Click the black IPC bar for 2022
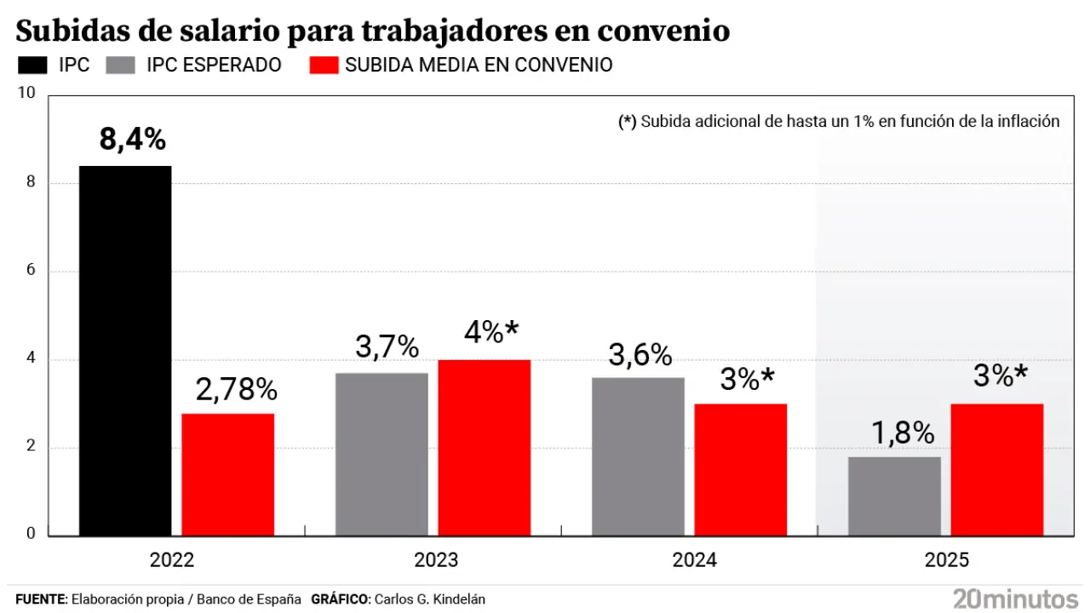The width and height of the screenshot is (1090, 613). [125, 351]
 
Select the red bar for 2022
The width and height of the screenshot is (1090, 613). [227, 474]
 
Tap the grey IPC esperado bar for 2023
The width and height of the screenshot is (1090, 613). [381, 455]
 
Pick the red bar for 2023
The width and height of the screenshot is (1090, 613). [484, 448]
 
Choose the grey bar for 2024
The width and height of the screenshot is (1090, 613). [638, 456]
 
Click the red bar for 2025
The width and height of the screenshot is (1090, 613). [996, 470]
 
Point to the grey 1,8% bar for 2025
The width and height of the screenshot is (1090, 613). [894, 496]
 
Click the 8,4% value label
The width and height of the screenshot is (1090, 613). [132, 139]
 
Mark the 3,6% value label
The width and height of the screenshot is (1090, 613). [641, 354]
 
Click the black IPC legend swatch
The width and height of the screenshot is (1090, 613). [33, 66]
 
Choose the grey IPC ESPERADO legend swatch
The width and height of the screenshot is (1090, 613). [123, 66]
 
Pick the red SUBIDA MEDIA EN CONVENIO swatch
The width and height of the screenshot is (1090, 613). [324, 66]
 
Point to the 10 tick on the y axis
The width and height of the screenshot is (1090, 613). [27, 93]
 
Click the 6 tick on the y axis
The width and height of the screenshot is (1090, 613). [30, 271]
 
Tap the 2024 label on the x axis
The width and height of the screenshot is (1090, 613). [694, 560]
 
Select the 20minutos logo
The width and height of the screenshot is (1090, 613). [1015, 598]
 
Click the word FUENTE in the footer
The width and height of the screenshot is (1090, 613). [41, 599]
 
